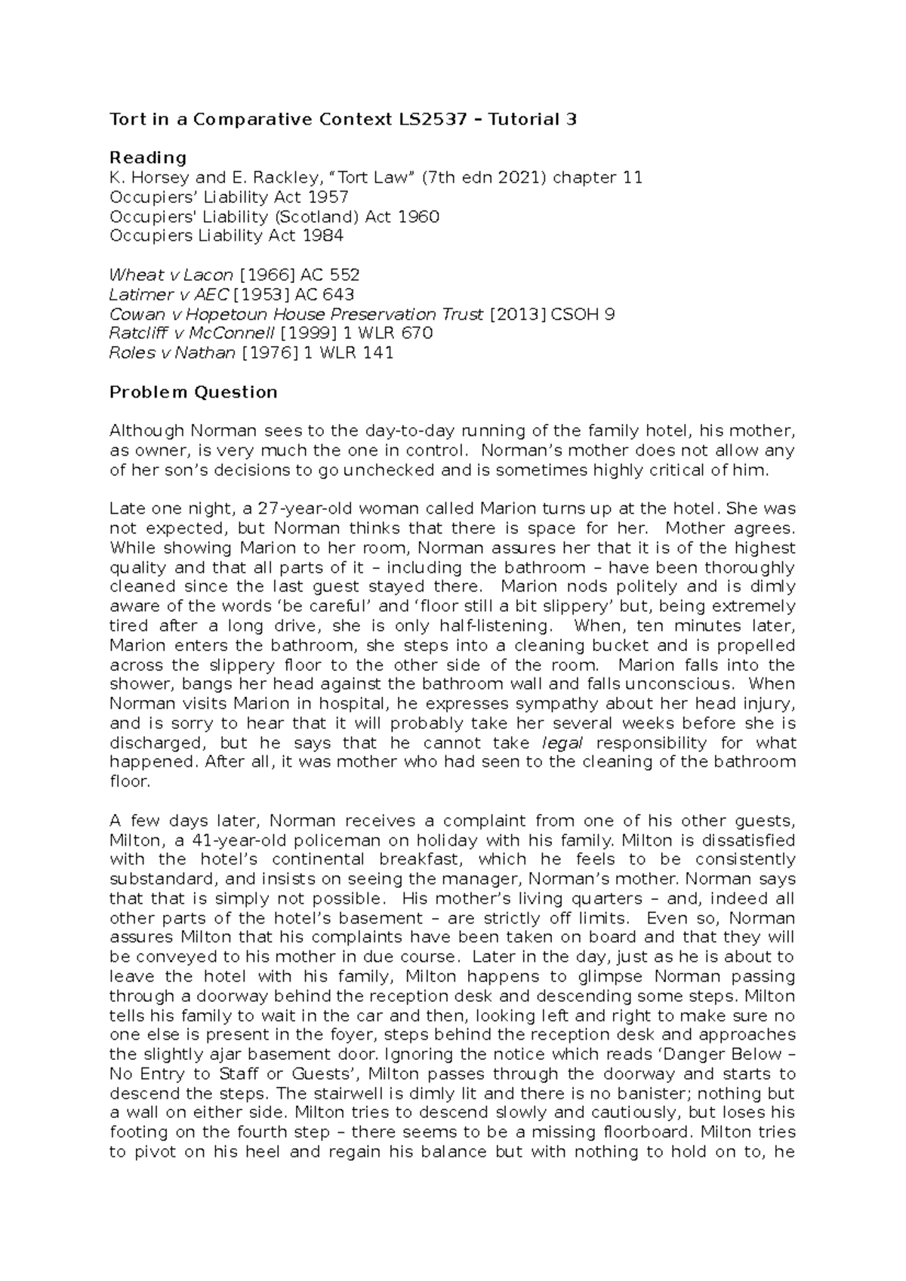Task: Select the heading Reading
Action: [148, 158]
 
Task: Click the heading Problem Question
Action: [193, 392]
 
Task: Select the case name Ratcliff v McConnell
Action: [191, 333]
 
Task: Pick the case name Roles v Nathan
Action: [172, 353]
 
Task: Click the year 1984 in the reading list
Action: [322, 236]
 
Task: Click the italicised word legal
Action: [562, 743]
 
